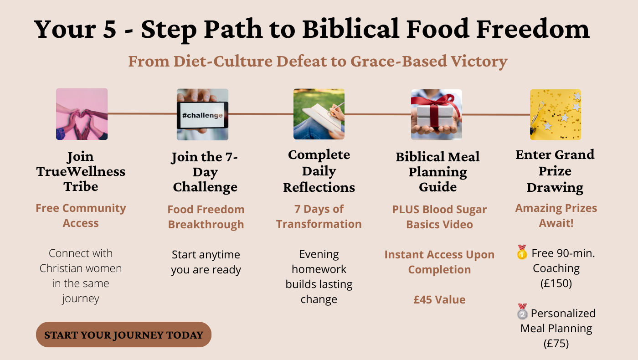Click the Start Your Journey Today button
point(123,334)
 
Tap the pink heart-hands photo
point(82,114)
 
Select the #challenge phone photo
point(202,114)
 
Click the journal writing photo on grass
point(319,114)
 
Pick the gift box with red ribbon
point(437,114)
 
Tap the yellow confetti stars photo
point(556,114)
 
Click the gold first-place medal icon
point(522,252)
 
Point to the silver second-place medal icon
point(522,312)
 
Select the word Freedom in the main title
point(533,28)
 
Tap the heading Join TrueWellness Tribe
point(81,171)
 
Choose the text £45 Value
point(439,300)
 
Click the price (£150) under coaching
point(556,283)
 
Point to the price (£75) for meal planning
point(556,344)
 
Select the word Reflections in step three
point(319,187)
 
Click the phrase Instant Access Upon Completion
point(439,262)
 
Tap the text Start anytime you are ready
point(206,262)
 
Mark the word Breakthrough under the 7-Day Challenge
point(206,224)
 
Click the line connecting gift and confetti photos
point(496,115)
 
